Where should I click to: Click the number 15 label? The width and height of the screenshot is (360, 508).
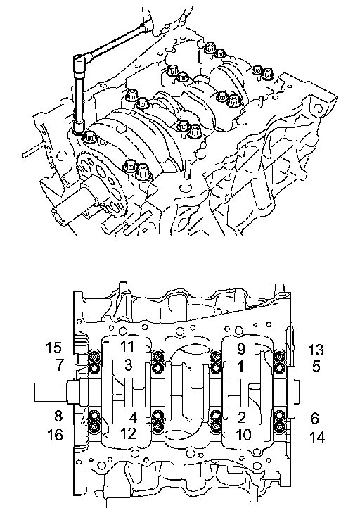53,348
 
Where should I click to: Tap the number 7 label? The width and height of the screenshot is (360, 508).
59,364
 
